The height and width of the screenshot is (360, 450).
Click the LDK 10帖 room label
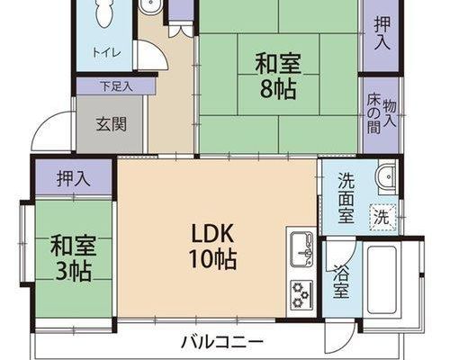tap(212, 247)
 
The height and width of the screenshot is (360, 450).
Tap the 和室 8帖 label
tap(278, 76)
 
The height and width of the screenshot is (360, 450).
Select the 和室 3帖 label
tap(73, 258)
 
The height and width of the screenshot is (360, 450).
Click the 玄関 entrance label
tap(112, 124)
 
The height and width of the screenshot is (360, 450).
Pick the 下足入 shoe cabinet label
tap(116, 86)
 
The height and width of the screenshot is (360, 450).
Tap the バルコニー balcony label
tap(222, 342)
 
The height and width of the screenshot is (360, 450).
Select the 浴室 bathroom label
tap(341, 282)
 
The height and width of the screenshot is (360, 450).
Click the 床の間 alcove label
tap(373, 115)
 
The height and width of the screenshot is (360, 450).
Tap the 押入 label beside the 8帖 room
tap(382, 32)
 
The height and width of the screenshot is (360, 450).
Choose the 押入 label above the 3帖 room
tap(74, 178)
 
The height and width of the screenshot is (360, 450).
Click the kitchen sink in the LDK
tap(301, 248)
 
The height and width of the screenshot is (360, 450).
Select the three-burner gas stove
tap(301, 295)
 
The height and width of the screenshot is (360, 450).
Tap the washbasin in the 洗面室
tap(388, 176)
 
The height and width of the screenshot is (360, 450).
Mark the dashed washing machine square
tap(383, 217)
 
